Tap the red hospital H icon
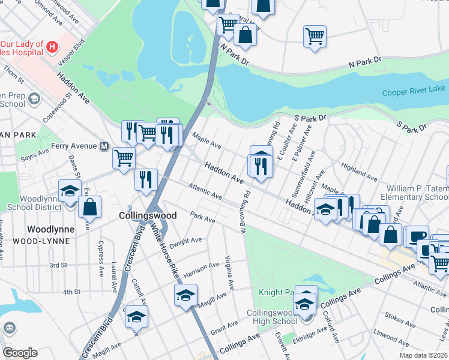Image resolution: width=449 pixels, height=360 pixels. pyautogui.click(x=53, y=46)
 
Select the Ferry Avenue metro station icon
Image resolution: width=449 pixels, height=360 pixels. pyautogui.click(x=104, y=146)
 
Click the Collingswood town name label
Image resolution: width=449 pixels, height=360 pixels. pyautogui.click(x=148, y=215)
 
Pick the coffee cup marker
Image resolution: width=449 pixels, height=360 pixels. pyautogui.click(x=417, y=236)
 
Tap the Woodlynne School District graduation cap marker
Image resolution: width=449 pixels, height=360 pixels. pyautogui.click(x=70, y=190)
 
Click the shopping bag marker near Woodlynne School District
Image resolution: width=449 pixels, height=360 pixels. pyautogui.click(x=89, y=207)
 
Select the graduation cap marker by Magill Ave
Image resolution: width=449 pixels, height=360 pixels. pyautogui.click(x=185, y=295)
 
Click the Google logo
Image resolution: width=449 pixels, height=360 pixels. pyautogui.click(x=20, y=352)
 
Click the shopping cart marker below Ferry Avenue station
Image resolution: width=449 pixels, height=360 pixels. pyautogui.click(x=124, y=158)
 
